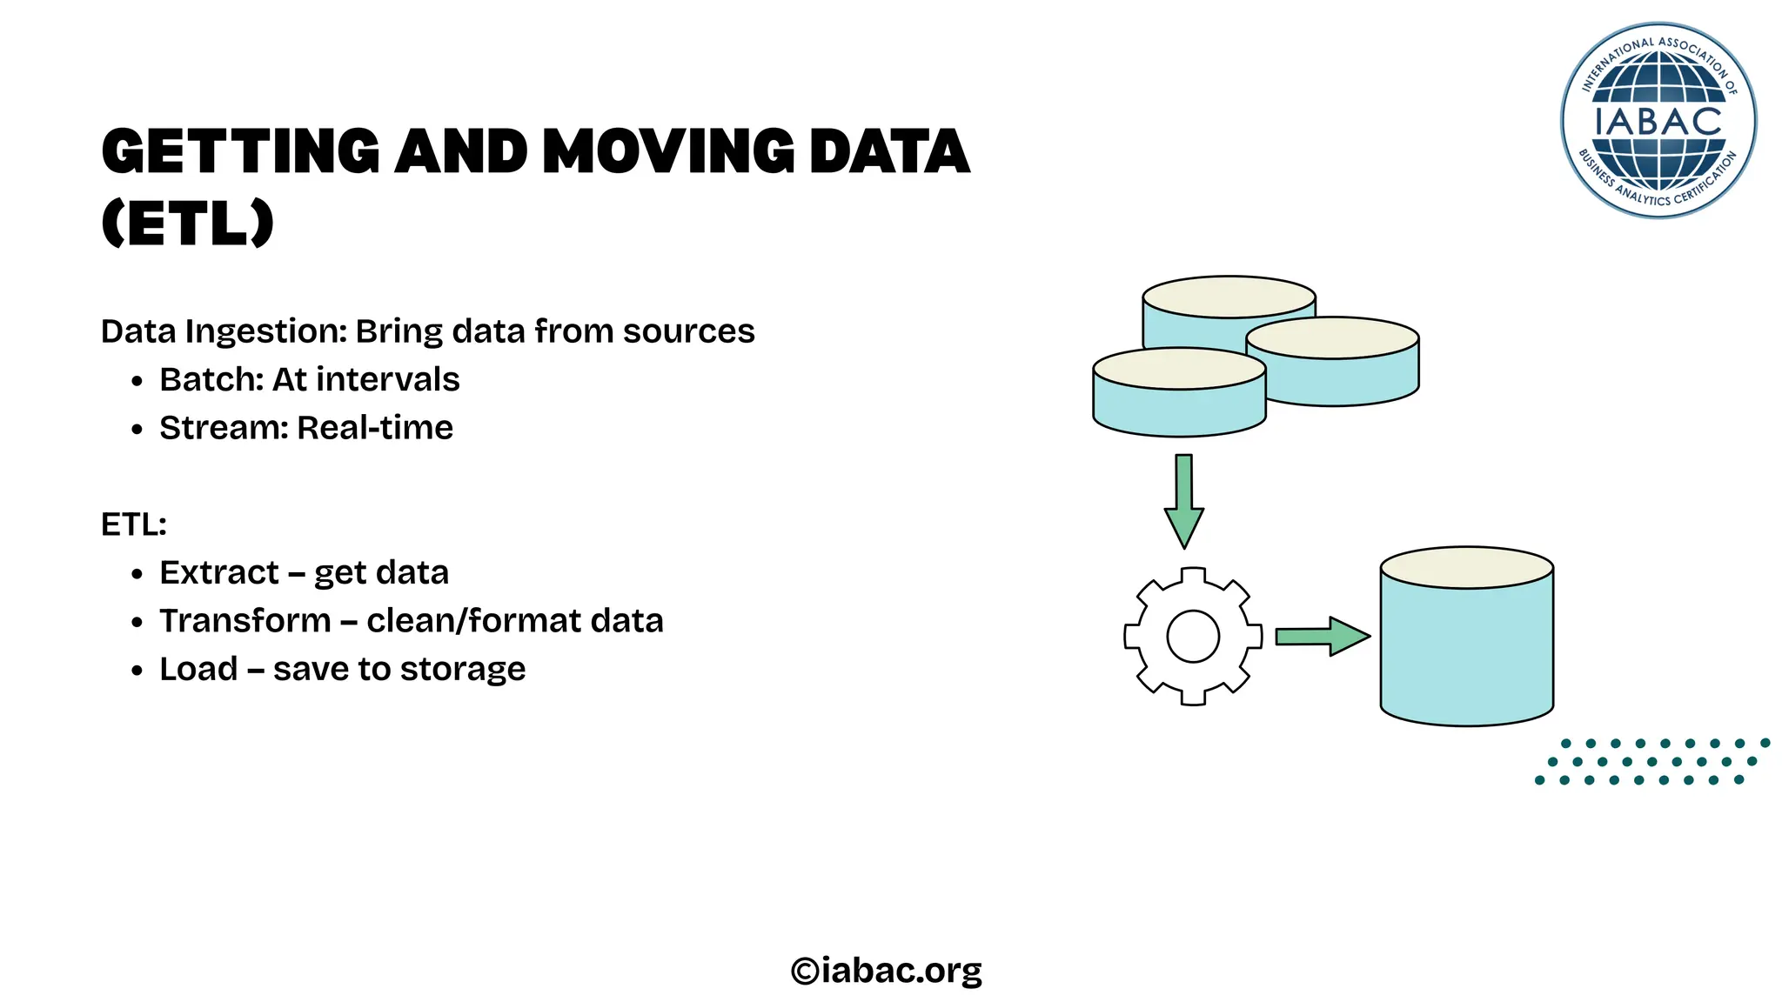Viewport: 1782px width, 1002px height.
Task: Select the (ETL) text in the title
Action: [x=188, y=224]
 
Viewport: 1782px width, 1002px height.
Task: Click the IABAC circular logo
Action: [x=1658, y=120]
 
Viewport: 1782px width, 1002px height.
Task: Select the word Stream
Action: [x=223, y=428]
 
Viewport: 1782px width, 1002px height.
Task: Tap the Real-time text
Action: [x=375, y=428]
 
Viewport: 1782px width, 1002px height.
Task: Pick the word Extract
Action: [x=219, y=573]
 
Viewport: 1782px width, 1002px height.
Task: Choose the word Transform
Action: [x=245, y=621]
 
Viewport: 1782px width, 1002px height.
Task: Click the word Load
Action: [x=198, y=669]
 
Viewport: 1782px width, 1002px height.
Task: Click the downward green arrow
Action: [x=1184, y=501]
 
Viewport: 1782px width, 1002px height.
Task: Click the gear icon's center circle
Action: [x=1193, y=636]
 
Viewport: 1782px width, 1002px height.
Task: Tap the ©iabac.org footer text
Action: [x=887, y=970]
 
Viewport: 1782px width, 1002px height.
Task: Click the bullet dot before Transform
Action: [x=137, y=623]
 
